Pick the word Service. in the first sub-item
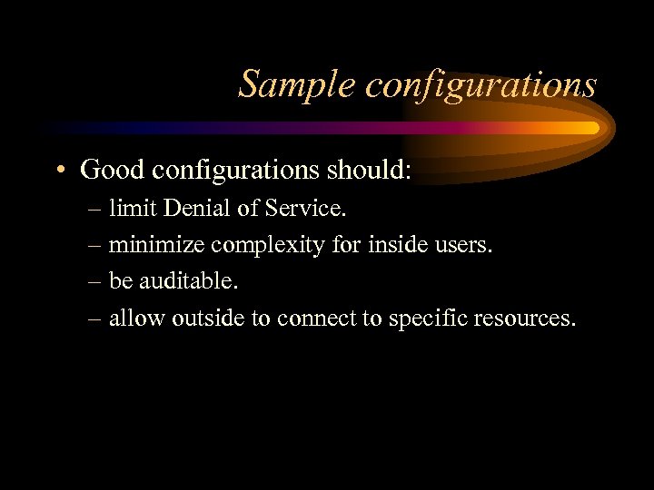pyautogui.click(x=304, y=209)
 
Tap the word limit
pyautogui.click(x=130, y=209)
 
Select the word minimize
pyautogui.click(x=157, y=245)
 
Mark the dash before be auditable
pyautogui.click(x=95, y=282)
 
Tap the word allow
pyautogui.click(x=133, y=318)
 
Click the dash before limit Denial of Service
pyautogui.click(x=95, y=210)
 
